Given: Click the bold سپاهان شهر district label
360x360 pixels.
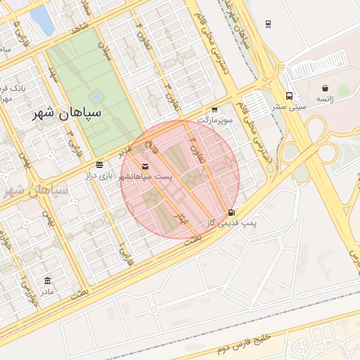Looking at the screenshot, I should click(x=70, y=112).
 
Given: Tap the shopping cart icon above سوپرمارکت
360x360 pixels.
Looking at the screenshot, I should click(x=214, y=110).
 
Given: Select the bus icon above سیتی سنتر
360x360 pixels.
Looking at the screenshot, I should click(x=289, y=96).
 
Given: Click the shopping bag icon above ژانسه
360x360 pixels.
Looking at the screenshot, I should click(x=324, y=89).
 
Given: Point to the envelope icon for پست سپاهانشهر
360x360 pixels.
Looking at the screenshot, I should click(x=145, y=166).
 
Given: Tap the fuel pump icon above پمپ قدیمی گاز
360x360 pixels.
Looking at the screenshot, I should click(x=231, y=212).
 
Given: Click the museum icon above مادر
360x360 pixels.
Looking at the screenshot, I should click(x=47, y=281).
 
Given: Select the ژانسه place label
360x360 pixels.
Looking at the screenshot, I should click(x=324, y=99).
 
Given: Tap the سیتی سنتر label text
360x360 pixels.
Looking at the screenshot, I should click(x=289, y=107).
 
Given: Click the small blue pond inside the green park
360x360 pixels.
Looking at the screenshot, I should click(x=96, y=96).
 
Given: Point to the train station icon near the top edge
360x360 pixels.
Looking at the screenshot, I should click(x=268, y=24).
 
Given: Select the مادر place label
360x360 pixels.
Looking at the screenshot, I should click(x=47, y=291).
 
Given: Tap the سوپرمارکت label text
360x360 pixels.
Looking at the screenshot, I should click(x=214, y=120).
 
